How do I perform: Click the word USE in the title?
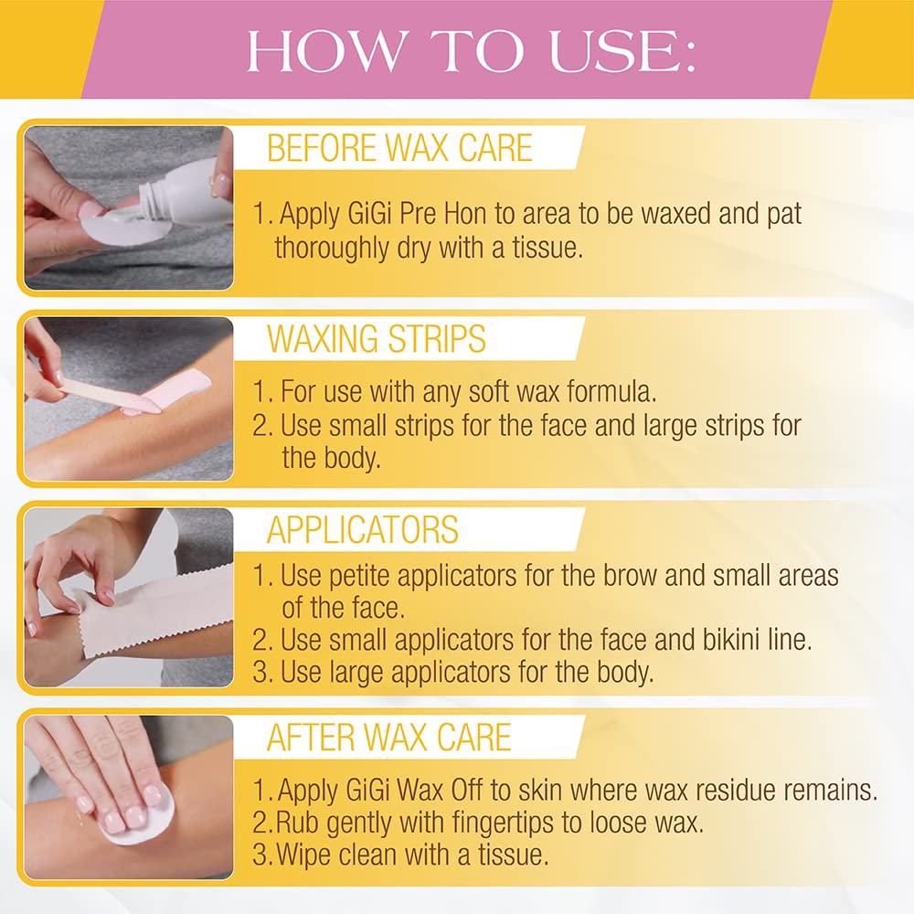622,51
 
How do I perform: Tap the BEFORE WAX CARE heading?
400,148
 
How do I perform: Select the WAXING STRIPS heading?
376,339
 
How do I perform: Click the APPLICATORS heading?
363,529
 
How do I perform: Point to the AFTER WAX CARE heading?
388,737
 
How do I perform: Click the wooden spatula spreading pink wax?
99,392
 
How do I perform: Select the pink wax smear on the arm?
175,389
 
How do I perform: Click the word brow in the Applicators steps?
630,575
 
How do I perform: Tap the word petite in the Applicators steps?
364,575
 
